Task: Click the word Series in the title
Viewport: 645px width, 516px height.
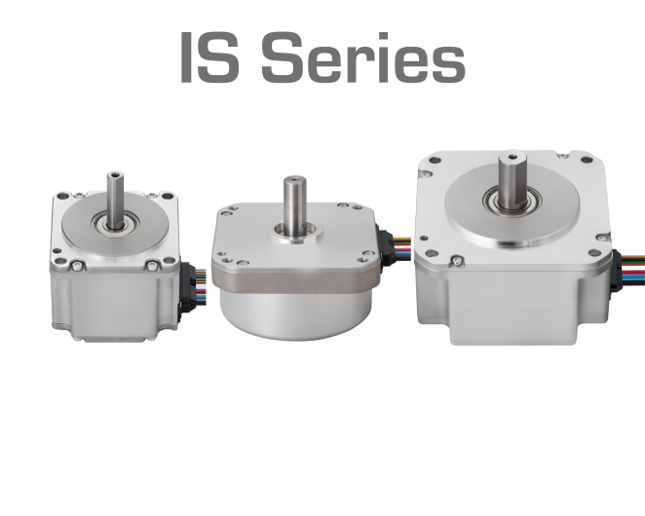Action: tap(363, 57)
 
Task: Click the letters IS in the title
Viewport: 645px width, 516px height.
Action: tap(209, 57)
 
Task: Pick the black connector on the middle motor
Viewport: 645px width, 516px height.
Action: tap(385, 245)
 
